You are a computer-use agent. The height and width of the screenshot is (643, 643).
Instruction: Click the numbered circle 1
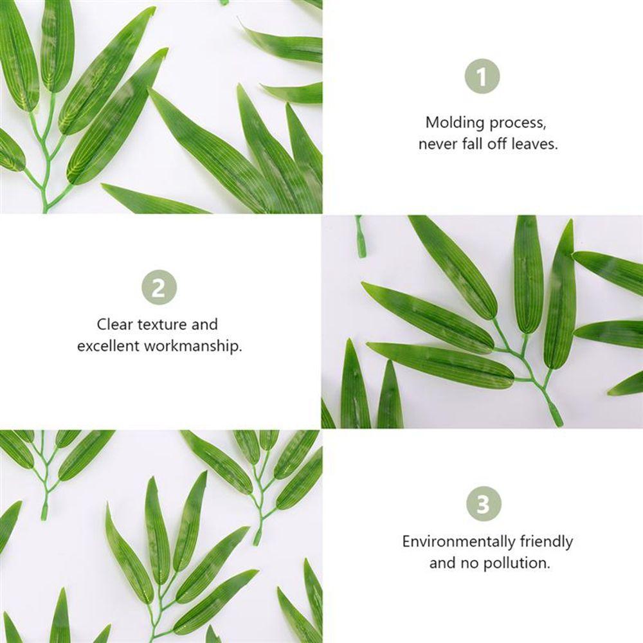coord(482,78)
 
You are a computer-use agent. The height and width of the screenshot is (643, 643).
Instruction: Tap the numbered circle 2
coord(158,287)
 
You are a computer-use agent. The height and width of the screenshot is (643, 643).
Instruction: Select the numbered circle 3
coord(482,504)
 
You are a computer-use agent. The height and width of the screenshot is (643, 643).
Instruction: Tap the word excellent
coord(108,346)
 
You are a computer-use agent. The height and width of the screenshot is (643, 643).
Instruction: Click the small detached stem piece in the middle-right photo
coord(361,238)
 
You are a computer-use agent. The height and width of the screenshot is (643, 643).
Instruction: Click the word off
coord(498,144)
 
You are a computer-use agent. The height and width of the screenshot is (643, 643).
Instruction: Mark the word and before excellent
coord(205,324)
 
